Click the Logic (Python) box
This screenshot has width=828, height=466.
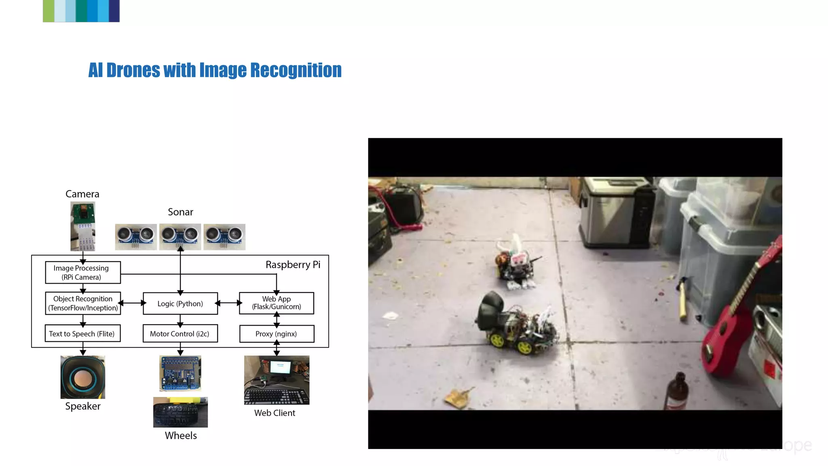(x=180, y=303)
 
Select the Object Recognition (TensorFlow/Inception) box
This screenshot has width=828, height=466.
(x=83, y=303)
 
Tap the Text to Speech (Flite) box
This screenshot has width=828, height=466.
(x=82, y=334)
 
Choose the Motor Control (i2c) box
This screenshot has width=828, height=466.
(x=180, y=334)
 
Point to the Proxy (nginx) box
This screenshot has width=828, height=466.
(x=277, y=334)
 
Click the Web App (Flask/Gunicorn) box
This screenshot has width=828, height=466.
(x=277, y=303)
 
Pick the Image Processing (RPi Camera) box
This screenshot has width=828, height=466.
(x=82, y=273)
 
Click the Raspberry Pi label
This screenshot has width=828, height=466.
(x=293, y=265)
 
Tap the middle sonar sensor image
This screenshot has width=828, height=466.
(x=180, y=236)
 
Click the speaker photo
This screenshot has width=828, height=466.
(x=83, y=377)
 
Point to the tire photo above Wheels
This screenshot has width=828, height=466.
(x=180, y=412)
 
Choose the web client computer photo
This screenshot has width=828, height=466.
(x=277, y=380)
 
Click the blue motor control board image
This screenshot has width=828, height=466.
(x=180, y=373)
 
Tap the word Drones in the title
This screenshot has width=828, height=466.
(x=133, y=70)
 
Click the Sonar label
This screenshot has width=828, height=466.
(x=180, y=212)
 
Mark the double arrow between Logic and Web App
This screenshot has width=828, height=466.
(x=228, y=303)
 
